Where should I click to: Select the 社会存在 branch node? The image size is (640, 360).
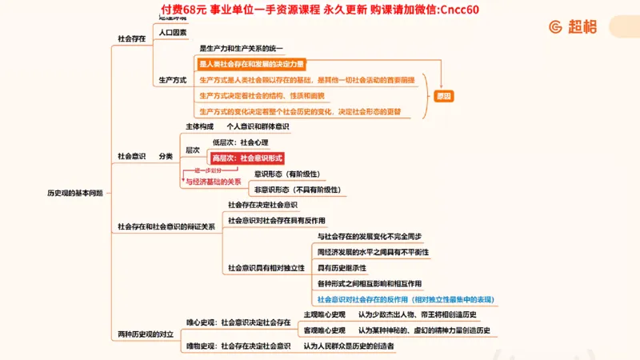(x=131, y=38)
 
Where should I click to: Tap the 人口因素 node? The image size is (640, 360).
(x=173, y=33)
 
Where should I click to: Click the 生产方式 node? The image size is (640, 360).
(x=173, y=80)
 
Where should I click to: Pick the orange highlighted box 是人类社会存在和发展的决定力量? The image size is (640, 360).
(x=251, y=64)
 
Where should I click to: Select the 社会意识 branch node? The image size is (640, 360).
(x=131, y=156)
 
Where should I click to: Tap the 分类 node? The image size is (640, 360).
(x=166, y=156)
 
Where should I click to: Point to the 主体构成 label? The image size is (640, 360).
(x=200, y=126)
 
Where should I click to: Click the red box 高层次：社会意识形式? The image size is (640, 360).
(x=247, y=158)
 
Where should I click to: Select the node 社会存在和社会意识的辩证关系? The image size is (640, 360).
(x=166, y=226)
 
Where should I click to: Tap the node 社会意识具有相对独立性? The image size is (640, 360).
(x=266, y=267)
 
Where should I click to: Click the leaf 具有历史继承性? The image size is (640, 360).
(x=342, y=267)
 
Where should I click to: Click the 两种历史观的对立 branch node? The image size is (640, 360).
(x=146, y=333)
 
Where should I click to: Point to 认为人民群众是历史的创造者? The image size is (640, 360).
(x=349, y=346)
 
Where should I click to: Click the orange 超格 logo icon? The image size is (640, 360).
(x=555, y=26)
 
